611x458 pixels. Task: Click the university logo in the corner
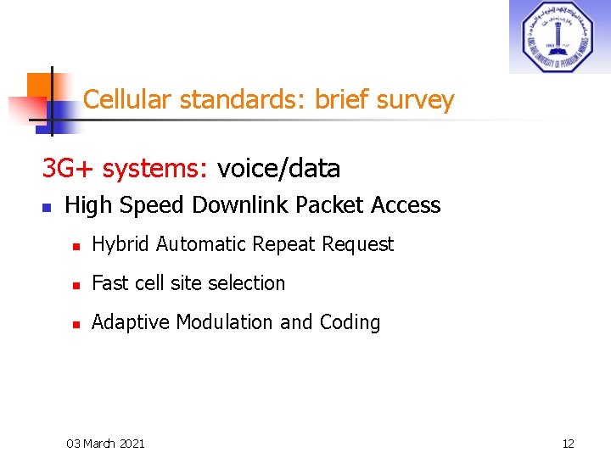559,36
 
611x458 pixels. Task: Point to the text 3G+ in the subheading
67,169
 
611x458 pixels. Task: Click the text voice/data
278,169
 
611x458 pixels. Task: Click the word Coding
350,323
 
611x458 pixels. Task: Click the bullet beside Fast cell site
76,285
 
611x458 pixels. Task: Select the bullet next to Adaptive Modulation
76,324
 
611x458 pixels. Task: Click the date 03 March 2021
105,443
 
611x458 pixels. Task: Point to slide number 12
569,443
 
